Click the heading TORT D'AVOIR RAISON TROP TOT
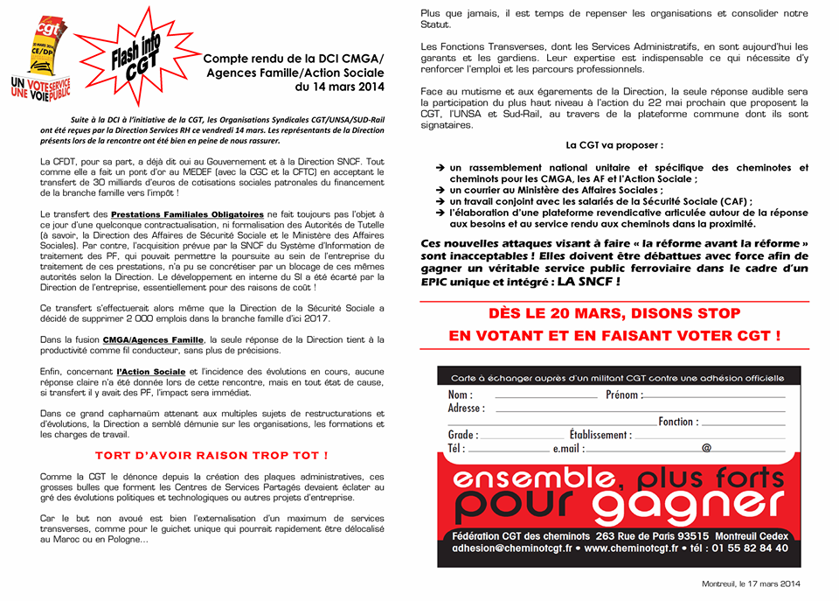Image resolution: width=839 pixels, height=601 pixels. pyautogui.click(x=211, y=455)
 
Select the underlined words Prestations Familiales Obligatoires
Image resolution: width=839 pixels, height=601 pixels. pyautogui.click(x=187, y=213)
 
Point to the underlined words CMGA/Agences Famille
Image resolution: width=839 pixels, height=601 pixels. pyautogui.click(x=160, y=339)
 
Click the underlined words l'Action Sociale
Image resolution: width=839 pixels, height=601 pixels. pyautogui.click(x=151, y=372)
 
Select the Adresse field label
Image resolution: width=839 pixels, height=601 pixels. pyautogui.click(x=467, y=409)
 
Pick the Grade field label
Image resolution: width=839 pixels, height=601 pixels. pyautogui.click(x=463, y=435)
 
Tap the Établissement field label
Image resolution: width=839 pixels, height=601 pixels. pyautogui.click(x=600, y=435)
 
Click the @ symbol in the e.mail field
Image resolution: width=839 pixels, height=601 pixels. pyautogui.click(x=706, y=448)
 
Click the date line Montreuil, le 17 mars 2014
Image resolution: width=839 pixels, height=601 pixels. pyautogui.click(x=751, y=584)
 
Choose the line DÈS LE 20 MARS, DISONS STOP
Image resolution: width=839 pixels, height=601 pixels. pyautogui.click(x=614, y=313)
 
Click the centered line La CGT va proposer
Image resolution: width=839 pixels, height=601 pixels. pyautogui.click(x=614, y=145)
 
